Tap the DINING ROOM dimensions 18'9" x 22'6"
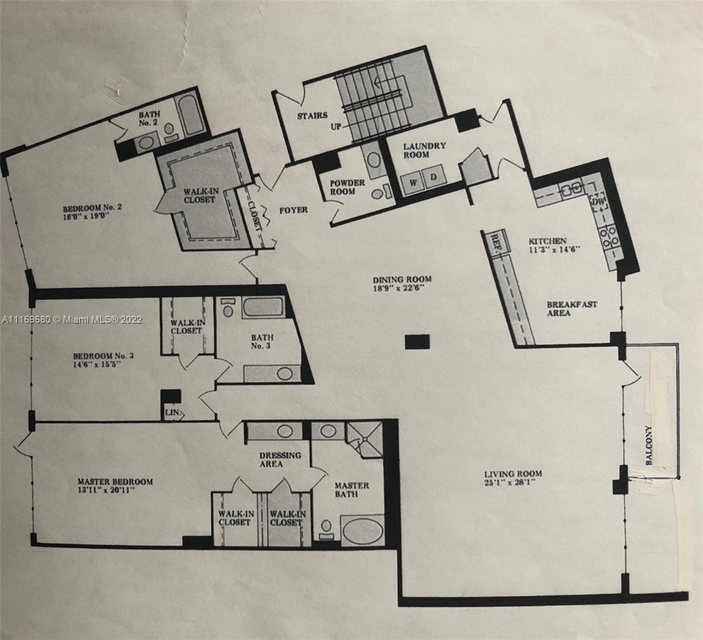(x=399, y=288)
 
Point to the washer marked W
(x=413, y=183)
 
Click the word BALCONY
(x=649, y=445)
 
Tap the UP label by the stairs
(x=335, y=126)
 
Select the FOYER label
(x=294, y=210)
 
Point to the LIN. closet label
(x=172, y=412)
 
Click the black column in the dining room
(x=417, y=342)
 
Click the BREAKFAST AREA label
(x=571, y=309)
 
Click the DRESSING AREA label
(x=280, y=459)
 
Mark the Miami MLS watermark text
(x=72, y=320)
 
